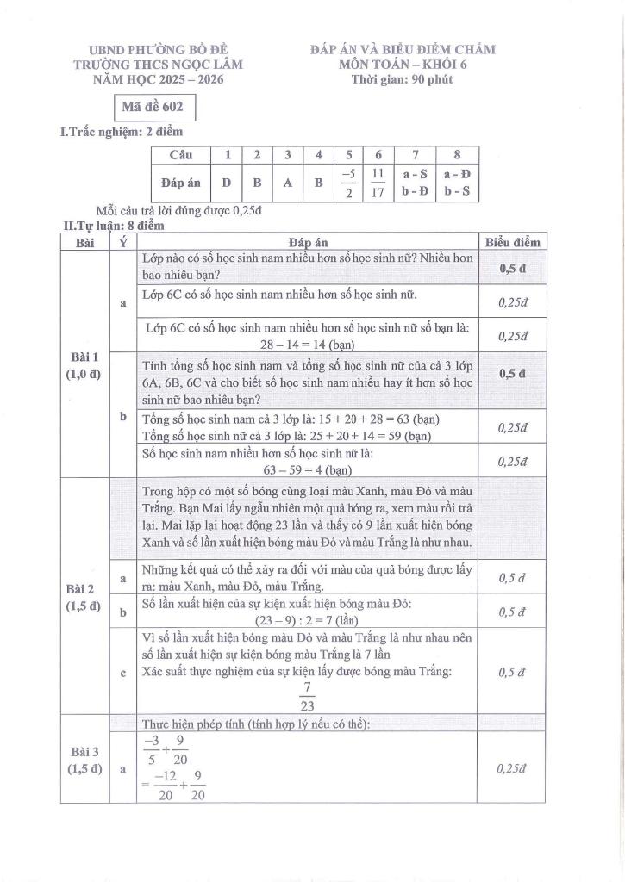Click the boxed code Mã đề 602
pos(155,108)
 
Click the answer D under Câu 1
pos(227,183)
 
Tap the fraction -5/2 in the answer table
pos(348,183)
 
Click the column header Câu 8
pos(457,155)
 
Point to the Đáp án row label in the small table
pos(181,183)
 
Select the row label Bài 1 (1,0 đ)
pos(84,364)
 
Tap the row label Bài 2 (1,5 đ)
pos(84,597)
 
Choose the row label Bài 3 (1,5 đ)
pos(84,761)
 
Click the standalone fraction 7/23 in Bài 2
pos(308,697)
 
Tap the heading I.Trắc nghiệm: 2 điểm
pos(121,132)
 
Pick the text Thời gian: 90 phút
pos(402,79)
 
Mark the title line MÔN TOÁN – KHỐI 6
pos(402,65)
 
